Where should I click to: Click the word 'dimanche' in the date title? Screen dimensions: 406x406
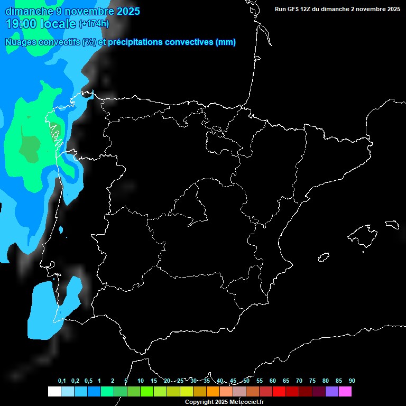tap(25, 11)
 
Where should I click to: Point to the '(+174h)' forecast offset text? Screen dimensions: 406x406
tap(94, 24)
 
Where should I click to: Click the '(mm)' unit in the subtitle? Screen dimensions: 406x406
tap(226, 42)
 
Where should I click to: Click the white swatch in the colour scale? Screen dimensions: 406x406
tap(54, 392)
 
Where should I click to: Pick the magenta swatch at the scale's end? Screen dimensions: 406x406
tap(345, 392)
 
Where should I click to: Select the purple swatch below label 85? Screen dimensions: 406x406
tap(331, 392)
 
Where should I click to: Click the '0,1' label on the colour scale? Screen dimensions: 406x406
tap(62, 381)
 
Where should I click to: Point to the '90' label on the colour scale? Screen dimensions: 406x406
tap(352, 381)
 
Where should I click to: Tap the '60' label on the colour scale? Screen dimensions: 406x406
tap(273, 381)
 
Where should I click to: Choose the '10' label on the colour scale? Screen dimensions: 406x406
tap(141, 381)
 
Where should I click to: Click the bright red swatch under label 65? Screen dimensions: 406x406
tap(279, 392)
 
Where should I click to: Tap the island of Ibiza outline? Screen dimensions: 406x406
tap(324, 257)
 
